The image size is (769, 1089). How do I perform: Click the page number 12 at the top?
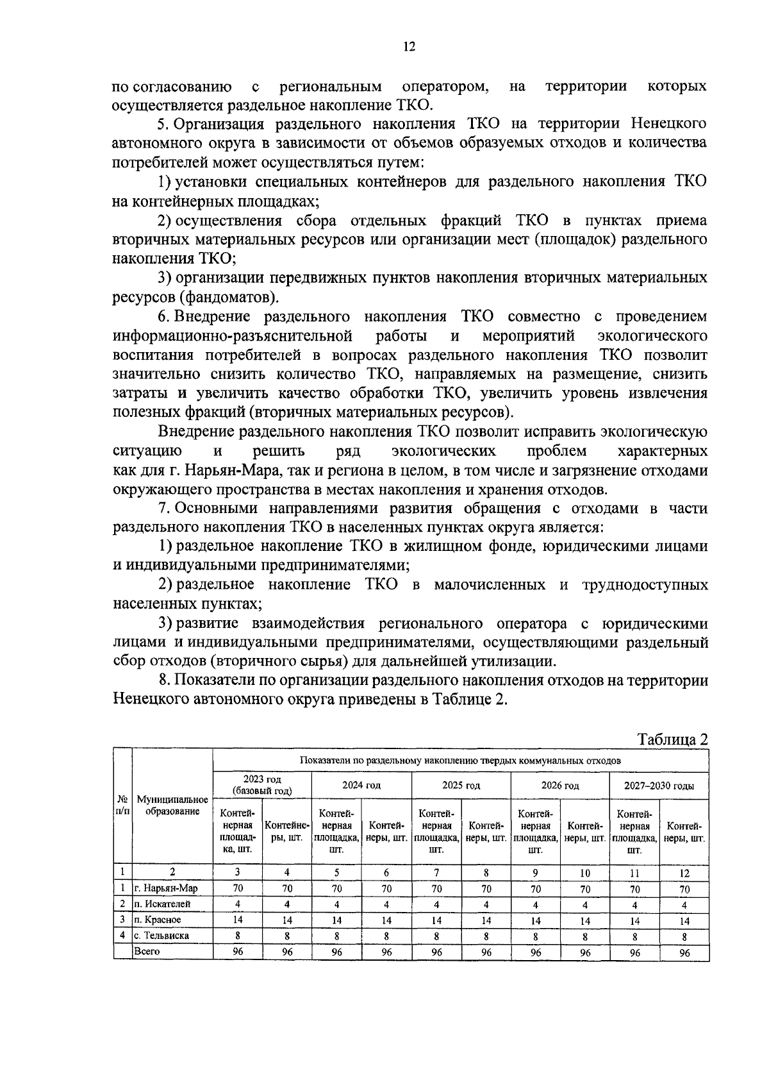409,46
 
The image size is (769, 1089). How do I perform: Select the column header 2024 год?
361,785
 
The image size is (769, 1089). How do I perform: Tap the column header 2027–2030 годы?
659,785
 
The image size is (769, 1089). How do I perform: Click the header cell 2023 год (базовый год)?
261,785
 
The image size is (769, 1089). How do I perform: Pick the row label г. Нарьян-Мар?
165,888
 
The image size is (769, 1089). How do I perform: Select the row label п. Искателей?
163,904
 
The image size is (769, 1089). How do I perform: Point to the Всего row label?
147,951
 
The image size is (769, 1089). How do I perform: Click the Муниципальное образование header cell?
172,806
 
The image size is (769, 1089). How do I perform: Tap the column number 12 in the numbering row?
684,872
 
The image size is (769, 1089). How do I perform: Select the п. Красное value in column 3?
237,920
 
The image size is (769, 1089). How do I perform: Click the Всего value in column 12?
684,952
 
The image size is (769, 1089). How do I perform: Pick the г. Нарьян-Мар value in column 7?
436,889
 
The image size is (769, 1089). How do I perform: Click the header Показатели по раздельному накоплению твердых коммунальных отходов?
460,761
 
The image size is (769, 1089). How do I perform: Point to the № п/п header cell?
122,806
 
